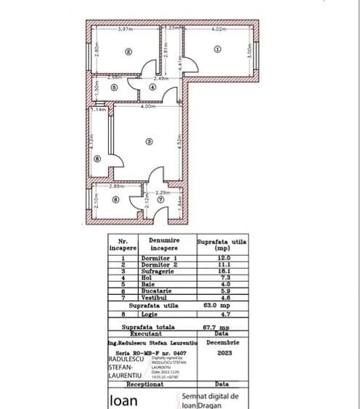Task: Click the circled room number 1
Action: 217,49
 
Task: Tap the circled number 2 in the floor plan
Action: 128,51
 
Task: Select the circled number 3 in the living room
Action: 148,141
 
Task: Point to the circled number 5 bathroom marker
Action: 115,87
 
